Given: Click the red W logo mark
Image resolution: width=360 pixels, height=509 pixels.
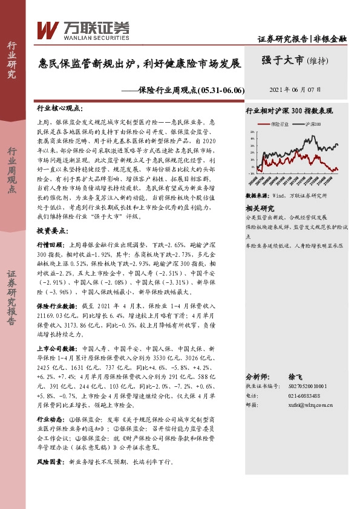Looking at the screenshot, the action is coord(48,29).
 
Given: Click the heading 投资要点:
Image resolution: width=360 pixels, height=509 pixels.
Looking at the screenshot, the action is coord(52,231).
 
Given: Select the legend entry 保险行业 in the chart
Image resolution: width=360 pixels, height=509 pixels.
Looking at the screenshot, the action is coord(278,123).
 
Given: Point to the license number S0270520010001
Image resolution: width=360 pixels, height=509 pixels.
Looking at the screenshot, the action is coord(306,385).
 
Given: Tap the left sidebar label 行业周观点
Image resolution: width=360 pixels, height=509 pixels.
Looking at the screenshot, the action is coord(11,171).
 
